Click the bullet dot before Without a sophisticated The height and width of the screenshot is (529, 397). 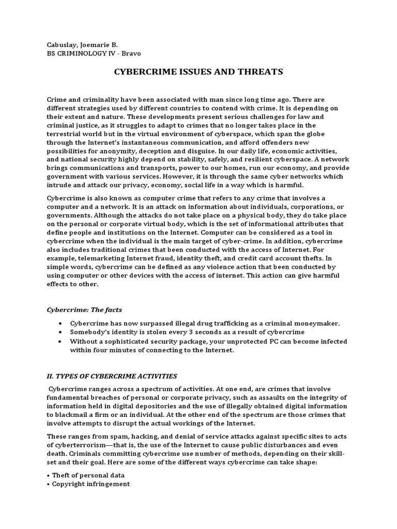(60, 341)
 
